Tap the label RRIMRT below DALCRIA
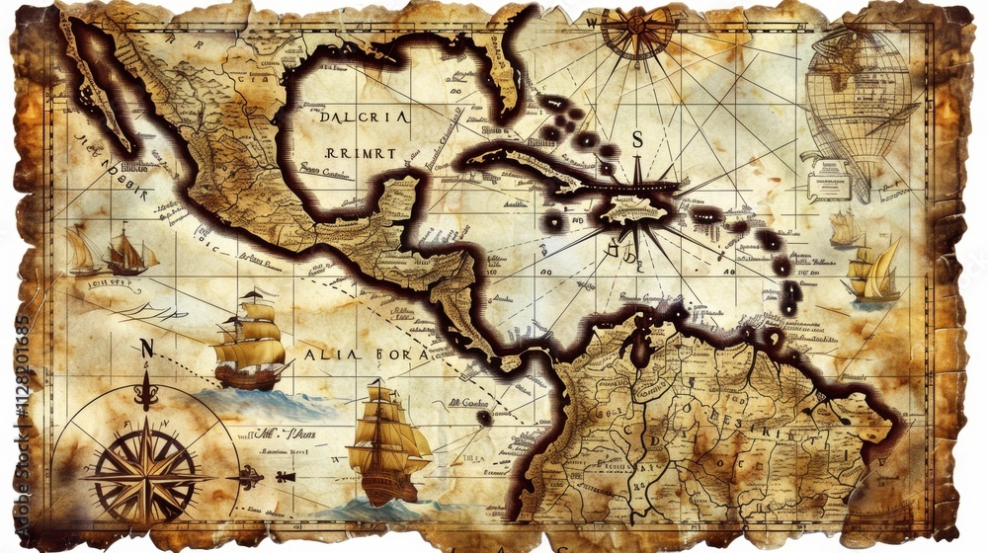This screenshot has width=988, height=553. [360, 153]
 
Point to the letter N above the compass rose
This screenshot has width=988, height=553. [147, 348]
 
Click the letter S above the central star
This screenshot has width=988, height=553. [637, 140]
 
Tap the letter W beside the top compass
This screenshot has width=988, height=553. [592, 21]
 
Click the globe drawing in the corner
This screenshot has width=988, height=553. [858, 99]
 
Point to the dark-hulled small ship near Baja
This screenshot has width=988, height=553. [128, 253]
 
